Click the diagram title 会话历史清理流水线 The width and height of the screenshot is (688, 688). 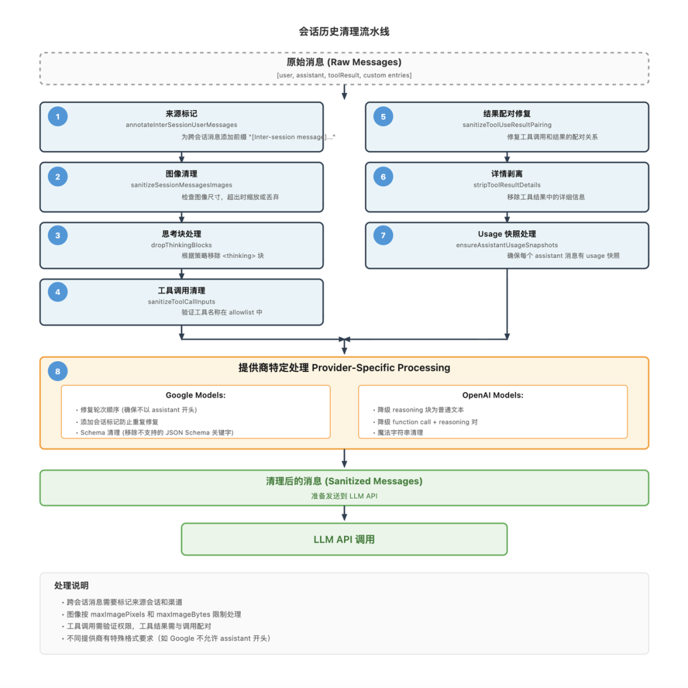tap(344, 31)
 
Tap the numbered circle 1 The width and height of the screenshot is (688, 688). tap(58, 117)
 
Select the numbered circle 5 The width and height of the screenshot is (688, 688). tap(383, 117)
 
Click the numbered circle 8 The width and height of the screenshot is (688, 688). tap(58, 371)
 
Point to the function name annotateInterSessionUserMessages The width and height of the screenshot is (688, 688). tap(182, 125)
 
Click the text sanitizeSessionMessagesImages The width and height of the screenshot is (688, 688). tap(182, 185)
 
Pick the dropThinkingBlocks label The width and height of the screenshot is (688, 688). tap(182, 245)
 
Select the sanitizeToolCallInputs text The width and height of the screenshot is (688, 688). tap(182, 302)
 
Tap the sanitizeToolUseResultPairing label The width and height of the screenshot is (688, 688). tap(507, 125)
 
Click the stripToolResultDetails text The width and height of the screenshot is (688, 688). tap(507, 185)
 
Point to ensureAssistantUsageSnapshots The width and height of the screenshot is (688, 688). tap(507, 245)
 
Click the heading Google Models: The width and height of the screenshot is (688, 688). tap(196, 395)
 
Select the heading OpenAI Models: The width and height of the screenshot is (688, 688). tap(492, 395)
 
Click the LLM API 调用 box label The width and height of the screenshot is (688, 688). tap(344, 539)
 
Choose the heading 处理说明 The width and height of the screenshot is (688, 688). tap(71, 585)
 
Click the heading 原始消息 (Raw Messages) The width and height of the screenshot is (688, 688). tap(344, 62)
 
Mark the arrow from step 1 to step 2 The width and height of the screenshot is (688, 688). tap(182, 157)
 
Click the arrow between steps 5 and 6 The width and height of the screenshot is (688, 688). tap(507, 157)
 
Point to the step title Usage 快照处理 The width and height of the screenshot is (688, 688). tap(507, 234)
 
